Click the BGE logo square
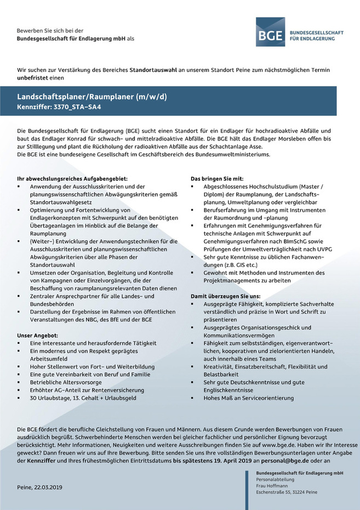coord(270,32)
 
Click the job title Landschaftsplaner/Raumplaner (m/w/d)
coord(92,97)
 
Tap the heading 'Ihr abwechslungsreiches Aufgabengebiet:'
coord(72,179)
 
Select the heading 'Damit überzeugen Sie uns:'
coord(225,296)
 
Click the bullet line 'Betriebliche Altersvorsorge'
coord(66,382)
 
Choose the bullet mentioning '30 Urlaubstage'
coord(83,398)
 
